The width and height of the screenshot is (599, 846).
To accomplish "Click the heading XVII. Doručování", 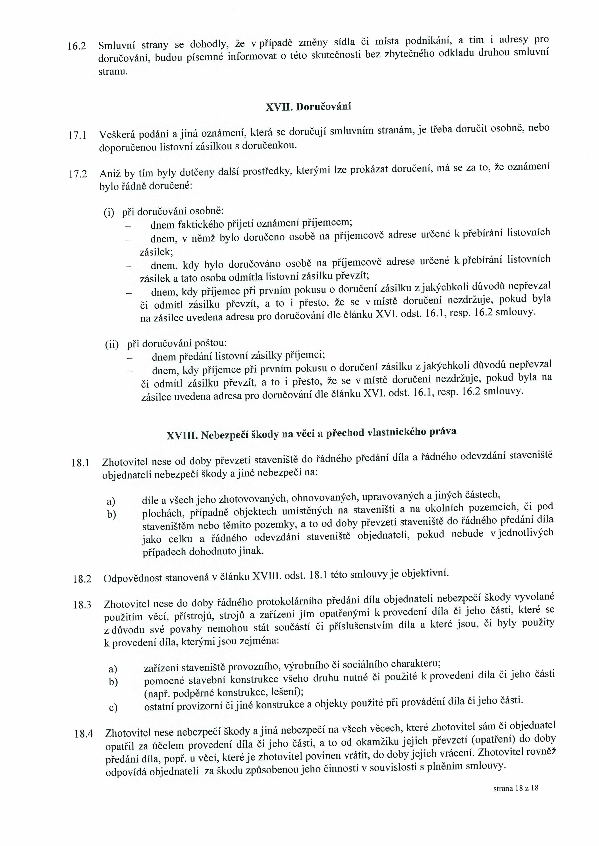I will coord(308,107).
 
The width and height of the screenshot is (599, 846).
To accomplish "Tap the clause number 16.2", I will coord(77,47).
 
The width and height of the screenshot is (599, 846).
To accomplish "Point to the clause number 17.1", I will coord(78,136).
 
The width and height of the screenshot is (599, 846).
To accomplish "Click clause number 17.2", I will coord(78,174).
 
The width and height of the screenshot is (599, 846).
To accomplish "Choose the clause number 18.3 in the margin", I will coord(82,605).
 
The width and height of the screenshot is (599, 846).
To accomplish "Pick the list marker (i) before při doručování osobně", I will coord(109,213).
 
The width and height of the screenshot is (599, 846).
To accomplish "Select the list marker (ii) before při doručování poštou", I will coord(112,345).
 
